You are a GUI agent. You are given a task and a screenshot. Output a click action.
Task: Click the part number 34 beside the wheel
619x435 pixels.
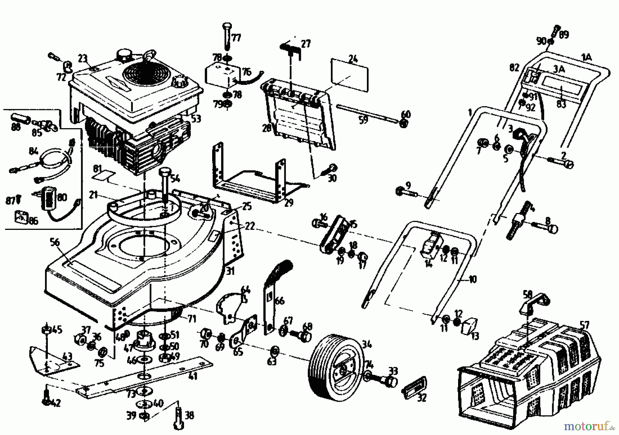click(x=367, y=343)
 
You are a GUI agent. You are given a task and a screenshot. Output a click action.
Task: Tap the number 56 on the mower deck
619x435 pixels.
click(x=55, y=243)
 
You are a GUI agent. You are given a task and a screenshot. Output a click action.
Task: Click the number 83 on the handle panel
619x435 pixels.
click(x=561, y=104)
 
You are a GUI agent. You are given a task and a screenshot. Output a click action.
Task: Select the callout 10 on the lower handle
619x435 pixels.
click(x=473, y=279)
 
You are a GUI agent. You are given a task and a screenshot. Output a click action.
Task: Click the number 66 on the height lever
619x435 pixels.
click(x=280, y=301)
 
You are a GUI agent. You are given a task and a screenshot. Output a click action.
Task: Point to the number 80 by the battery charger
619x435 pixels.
click(x=63, y=198)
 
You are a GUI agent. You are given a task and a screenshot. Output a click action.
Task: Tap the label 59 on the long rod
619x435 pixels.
click(x=363, y=120)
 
